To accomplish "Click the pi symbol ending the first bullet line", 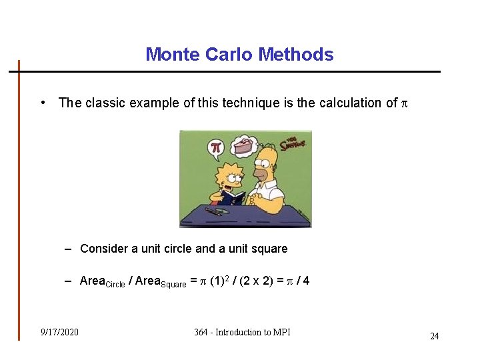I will tap(403, 103).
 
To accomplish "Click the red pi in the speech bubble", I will tap(215, 147).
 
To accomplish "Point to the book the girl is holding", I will tap(233, 198).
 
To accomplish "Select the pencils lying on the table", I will tap(215, 211).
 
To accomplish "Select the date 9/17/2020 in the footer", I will tap(59, 332).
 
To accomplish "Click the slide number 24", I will tap(434, 336).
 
